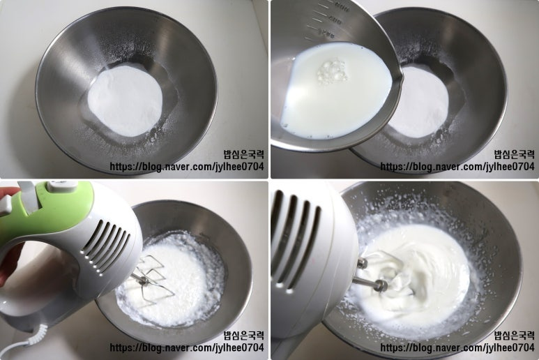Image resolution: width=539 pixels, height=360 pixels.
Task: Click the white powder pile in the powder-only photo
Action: [125, 100]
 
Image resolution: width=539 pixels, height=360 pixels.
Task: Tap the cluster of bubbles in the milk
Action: [332, 72]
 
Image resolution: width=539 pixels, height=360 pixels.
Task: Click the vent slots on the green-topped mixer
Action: [107, 245]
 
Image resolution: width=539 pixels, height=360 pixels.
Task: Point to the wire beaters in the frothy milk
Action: [151, 279]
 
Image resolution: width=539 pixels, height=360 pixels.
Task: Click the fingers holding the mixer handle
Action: [8, 237]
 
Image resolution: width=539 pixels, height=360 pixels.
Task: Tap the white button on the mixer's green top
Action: [62, 186]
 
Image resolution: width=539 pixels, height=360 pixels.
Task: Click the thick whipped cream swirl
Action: [413, 271]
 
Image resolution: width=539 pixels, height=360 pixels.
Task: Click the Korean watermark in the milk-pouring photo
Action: [515, 154]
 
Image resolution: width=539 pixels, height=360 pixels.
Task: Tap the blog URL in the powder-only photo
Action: [187, 167]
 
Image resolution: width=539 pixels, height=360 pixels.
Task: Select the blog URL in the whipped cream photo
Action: [457, 347]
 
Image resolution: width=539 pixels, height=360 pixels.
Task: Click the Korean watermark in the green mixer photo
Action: [244, 335]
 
